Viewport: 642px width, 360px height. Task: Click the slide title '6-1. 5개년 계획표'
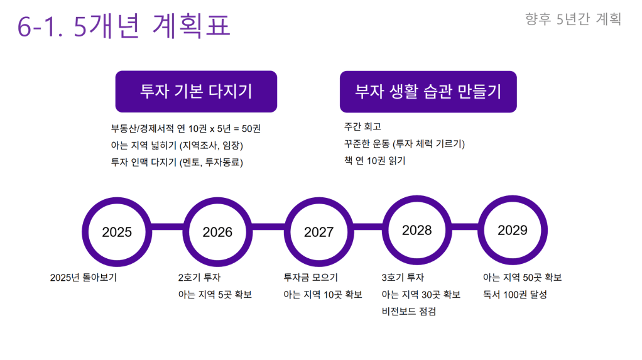124,25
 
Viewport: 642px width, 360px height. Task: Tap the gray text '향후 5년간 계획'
573,19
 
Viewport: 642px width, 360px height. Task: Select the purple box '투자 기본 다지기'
196,91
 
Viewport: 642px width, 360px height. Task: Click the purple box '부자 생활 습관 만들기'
428,92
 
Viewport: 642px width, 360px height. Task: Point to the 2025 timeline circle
117,232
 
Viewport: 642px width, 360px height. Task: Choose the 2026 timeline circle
217,232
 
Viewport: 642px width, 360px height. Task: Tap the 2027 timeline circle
319,232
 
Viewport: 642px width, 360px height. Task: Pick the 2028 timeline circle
417,230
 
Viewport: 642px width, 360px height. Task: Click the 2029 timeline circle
513,230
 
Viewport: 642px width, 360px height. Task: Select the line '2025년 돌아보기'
84,278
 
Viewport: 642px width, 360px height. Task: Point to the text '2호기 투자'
199,278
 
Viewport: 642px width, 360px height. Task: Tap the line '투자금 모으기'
311,278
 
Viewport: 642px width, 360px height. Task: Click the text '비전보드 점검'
408,312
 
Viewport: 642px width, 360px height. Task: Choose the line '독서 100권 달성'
515,295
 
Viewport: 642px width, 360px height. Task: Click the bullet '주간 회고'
362,126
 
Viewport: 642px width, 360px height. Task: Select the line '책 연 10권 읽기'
374,161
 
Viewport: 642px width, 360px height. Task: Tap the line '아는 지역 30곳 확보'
421,295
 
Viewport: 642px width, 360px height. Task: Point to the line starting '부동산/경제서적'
185,129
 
